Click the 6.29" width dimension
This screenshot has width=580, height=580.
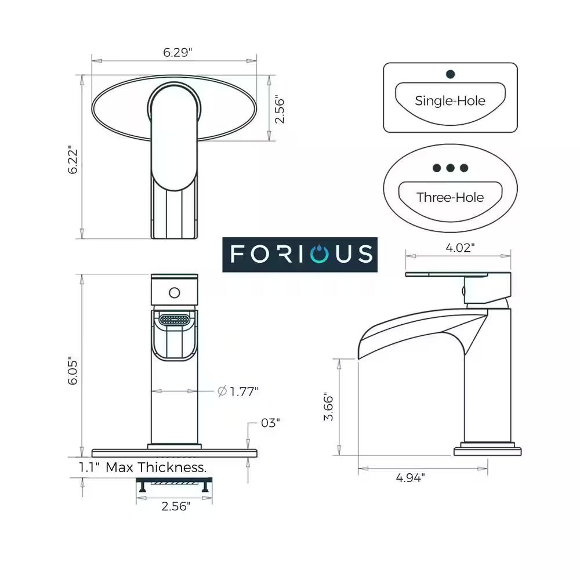pos(174,52)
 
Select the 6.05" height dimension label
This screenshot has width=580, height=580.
pos(72,370)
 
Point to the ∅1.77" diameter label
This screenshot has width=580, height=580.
pos(238,391)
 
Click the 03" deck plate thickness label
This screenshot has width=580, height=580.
pos(270,423)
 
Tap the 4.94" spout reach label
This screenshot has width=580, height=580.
pos(411,478)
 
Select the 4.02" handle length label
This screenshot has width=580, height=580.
pos(460,248)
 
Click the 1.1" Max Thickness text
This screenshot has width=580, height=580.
pos(143,467)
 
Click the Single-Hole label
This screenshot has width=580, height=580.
pos(450,100)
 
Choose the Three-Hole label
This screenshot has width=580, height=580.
pos(450,197)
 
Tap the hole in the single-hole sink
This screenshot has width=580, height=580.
pos(450,74)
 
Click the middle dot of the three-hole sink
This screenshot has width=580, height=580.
pos(450,168)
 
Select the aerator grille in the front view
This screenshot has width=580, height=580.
pos(175,320)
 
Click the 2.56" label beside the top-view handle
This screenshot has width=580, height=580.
pos(280,109)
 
